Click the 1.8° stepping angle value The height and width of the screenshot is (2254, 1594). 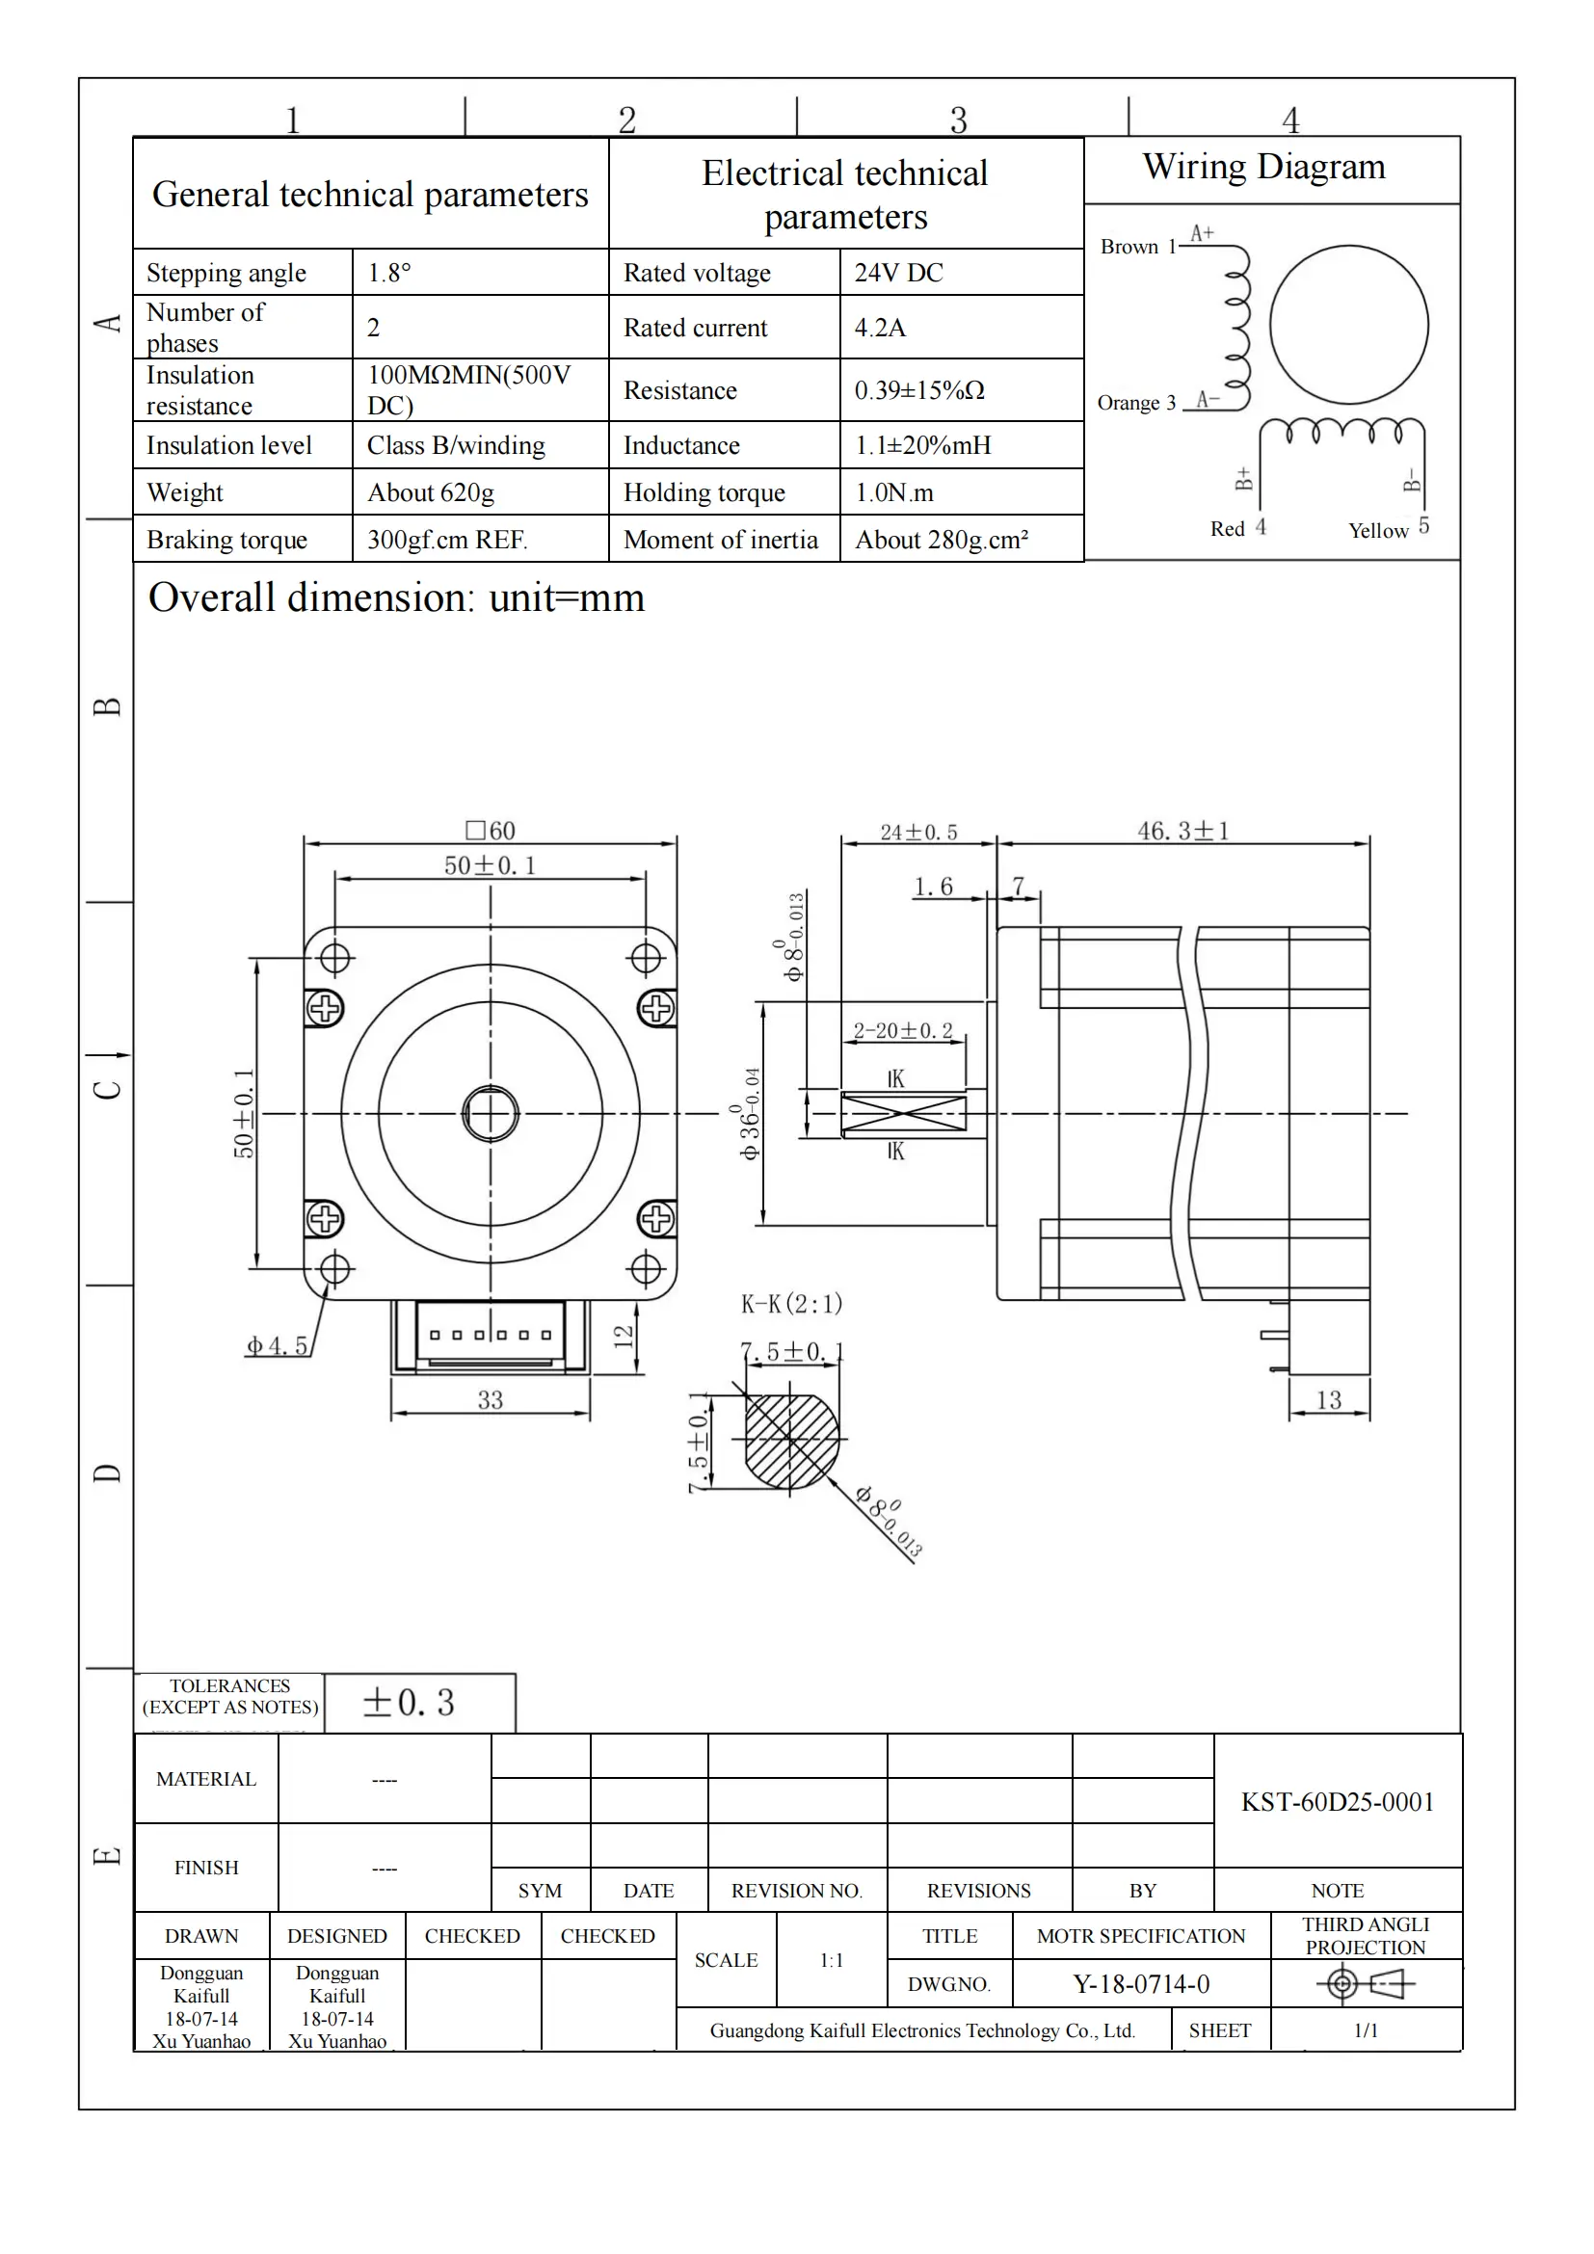388,273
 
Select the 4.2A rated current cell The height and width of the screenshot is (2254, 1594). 880,328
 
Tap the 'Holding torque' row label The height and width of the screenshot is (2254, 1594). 704,492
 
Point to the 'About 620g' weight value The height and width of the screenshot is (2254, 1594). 430,492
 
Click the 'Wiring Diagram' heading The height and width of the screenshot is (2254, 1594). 1263,167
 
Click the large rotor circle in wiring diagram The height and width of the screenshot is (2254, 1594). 1347,325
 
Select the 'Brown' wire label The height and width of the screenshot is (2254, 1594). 1129,248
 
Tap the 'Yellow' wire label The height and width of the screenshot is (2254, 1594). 1377,531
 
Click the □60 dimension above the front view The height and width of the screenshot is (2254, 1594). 491,831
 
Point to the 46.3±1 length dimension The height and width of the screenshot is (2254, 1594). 1182,832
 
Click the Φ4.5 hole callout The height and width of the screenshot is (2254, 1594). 277,1346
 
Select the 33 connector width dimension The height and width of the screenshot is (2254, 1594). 490,1400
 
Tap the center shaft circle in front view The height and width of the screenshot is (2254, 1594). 490,1114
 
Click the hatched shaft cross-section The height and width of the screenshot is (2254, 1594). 791,1440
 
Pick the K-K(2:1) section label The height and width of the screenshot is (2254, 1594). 791,1304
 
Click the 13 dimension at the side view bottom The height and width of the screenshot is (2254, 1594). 1328,1400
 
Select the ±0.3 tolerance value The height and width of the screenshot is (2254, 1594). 409,1702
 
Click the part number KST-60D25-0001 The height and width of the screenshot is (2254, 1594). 1337,1802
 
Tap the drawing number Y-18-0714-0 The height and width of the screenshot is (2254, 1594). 1140,1984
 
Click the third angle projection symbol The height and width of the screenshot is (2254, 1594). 1365,1984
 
